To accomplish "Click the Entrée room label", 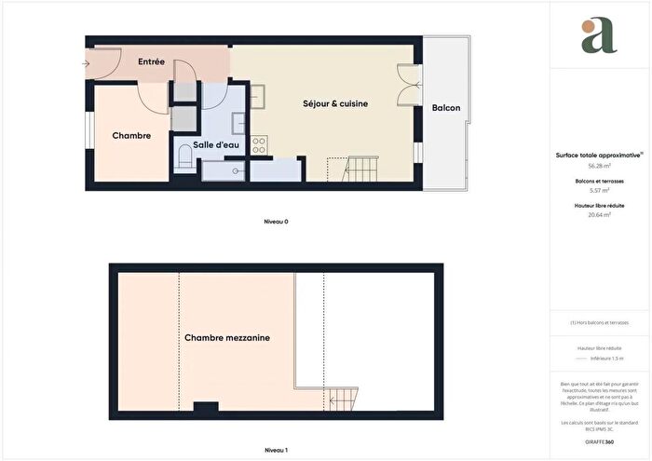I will tap(151, 62).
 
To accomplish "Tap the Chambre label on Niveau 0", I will tap(131, 136).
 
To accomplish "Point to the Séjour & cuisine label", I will tap(336, 104).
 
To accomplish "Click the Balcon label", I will tap(446, 109).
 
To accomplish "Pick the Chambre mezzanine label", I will tap(227, 338).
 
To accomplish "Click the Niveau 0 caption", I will tap(275, 223).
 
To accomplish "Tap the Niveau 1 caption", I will tap(275, 451).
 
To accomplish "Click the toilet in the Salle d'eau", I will tap(183, 163).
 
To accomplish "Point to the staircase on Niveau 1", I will tap(343, 400).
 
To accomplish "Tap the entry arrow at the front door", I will tap(86, 64).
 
